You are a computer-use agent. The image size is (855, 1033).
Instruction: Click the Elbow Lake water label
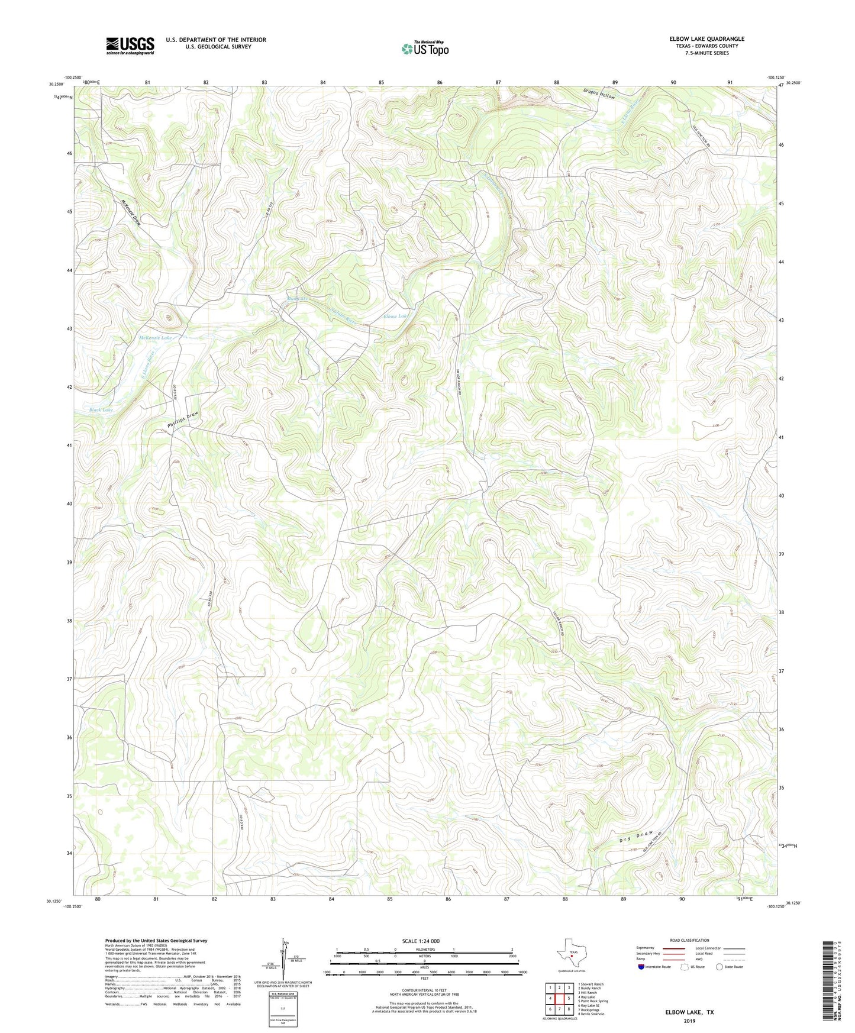point(396,317)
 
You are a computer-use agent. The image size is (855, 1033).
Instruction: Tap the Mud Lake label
point(298,299)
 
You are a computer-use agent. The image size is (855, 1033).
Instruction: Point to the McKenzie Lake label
point(155,338)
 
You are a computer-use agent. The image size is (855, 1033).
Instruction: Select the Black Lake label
point(101,409)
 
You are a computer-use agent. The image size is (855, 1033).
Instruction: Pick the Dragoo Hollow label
point(599,93)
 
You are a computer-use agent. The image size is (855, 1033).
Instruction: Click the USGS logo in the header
point(130,46)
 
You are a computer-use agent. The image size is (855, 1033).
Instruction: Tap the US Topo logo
point(424,49)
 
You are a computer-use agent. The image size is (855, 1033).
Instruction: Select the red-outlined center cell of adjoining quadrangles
point(559,999)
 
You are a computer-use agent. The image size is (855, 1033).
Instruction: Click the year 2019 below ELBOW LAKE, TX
point(690,1021)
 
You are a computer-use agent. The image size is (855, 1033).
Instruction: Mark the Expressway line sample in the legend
point(674,948)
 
